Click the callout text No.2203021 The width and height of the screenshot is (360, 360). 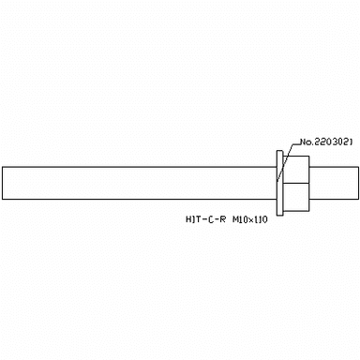pos(326,142)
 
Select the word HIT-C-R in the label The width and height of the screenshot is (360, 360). pos(205,219)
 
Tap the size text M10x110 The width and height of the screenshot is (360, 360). pos(250,219)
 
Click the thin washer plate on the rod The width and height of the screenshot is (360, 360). pos(280,183)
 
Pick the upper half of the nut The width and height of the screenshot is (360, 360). pos(296,170)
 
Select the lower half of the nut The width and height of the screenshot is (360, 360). pos(296,197)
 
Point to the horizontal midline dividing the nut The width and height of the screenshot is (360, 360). pos(296,183)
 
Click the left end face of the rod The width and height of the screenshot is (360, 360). pos(3,183)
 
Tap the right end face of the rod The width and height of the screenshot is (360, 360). pos(358,183)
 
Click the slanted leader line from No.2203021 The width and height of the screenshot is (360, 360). pos(285,162)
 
